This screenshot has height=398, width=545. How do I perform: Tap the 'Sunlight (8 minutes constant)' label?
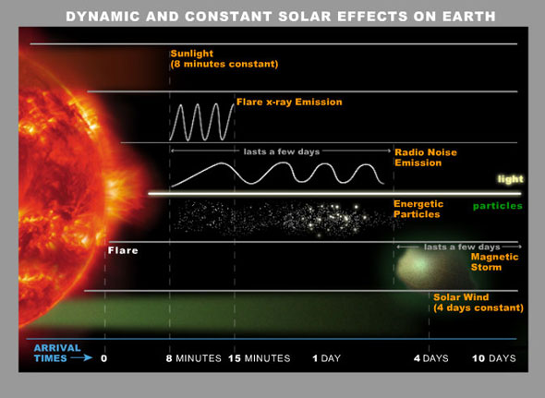(224, 58)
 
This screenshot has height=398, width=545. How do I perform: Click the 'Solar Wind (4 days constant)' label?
(478, 302)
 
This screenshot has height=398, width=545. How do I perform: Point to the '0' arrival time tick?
(103, 357)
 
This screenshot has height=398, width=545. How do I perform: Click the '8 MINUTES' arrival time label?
(194, 357)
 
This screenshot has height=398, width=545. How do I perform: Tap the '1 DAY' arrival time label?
(327, 357)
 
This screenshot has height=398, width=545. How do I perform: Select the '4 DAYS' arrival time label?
(430, 357)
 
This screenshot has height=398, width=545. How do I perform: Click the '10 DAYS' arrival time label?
(493, 357)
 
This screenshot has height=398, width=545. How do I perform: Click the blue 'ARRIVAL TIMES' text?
(52, 352)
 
